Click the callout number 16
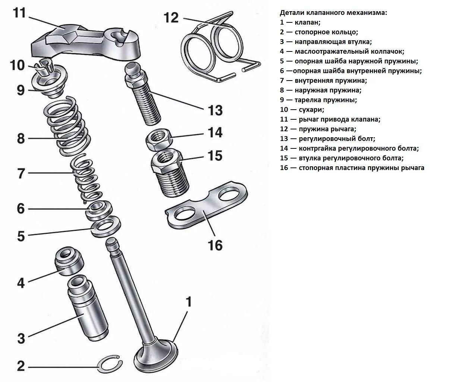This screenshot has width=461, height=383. click(215, 245)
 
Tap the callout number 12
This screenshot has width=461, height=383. click(171, 17)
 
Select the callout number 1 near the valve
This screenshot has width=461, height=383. click(189, 302)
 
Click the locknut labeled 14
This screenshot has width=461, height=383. click(158, 138)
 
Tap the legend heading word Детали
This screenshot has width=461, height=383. click(292, 13)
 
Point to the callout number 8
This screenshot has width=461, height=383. click(21, 139)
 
